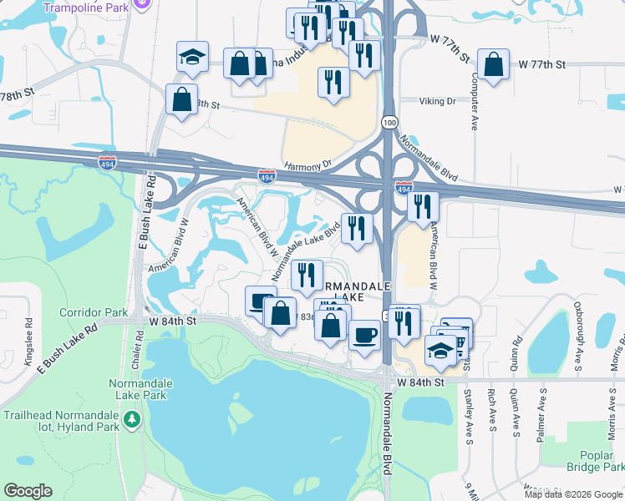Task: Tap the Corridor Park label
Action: [x=94, y=313]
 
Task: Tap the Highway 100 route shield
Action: [x=389, y=122]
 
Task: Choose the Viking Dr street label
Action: [x=437, y=101]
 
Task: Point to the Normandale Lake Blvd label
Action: [x=306, y=246]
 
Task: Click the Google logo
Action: [x=28, y=491]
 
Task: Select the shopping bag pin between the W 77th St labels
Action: [x=493, y=65]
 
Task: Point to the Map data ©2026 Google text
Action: [x=572, y=494]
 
